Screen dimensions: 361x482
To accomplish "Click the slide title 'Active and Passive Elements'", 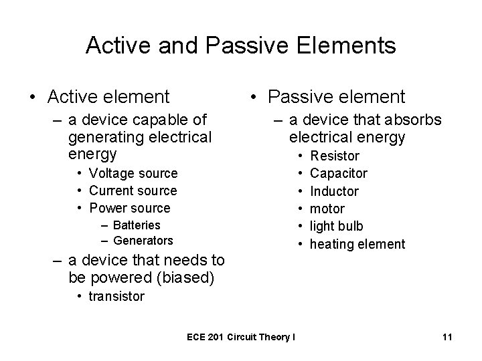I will point(241,45).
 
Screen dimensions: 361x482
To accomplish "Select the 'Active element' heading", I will point(108,97).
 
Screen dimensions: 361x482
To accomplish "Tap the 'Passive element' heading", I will point(336,97).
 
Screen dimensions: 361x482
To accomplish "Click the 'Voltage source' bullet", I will point(133,173).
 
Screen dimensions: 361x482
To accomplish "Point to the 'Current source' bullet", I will point(133,191).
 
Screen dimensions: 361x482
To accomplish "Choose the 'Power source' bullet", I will point(130,208).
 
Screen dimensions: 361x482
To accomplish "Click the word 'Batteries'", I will point(137,225).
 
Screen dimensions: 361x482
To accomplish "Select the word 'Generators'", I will point(143,240).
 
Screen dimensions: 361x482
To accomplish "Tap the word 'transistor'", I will point(116,296).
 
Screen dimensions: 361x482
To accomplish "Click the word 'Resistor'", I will point(335,156).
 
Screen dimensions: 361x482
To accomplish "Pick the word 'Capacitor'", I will point(339,174).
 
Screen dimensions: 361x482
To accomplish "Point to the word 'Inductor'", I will point(334,191).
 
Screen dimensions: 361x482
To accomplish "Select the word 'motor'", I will point(327,209).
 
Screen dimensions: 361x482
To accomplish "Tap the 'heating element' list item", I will point(357,244).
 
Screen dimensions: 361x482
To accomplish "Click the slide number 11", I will point(447,338).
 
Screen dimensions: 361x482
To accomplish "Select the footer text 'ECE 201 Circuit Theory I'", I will point(242,338).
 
